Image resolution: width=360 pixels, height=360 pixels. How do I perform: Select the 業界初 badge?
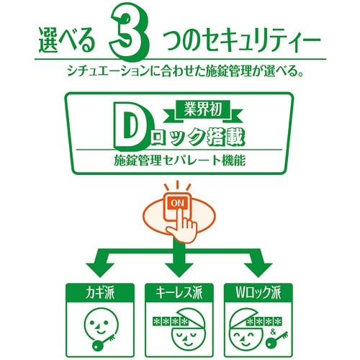(196, 112)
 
